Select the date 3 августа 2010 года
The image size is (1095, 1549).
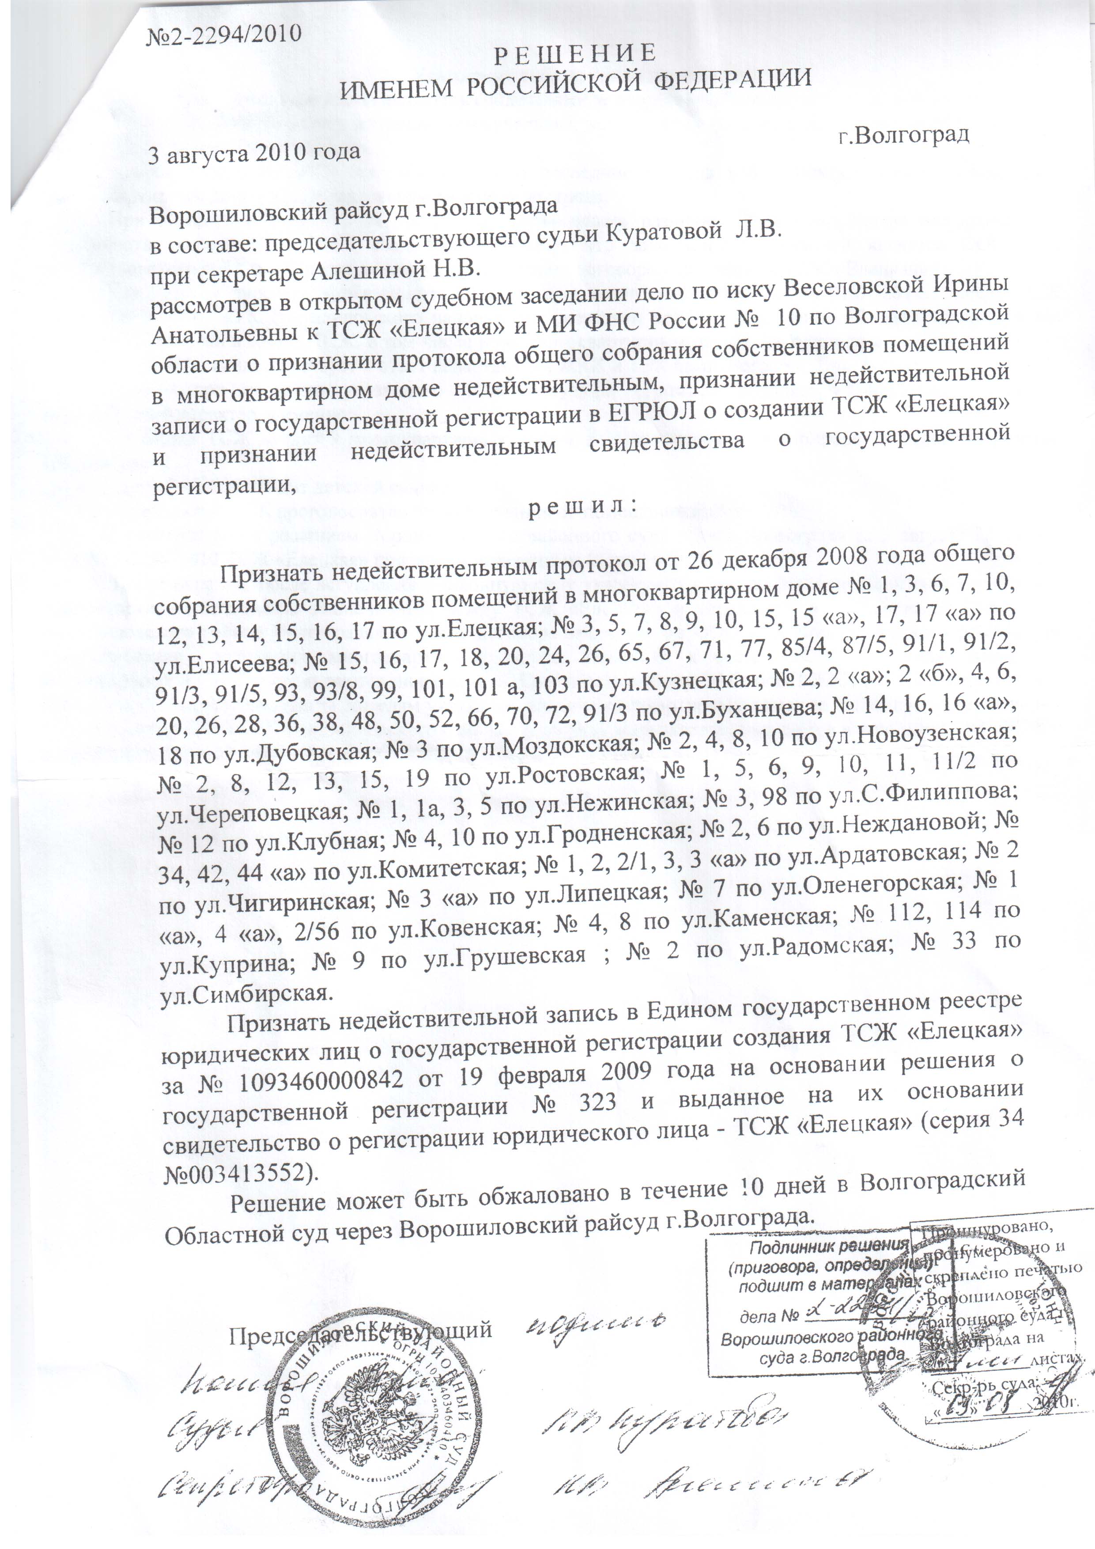[x=254, y=152]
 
